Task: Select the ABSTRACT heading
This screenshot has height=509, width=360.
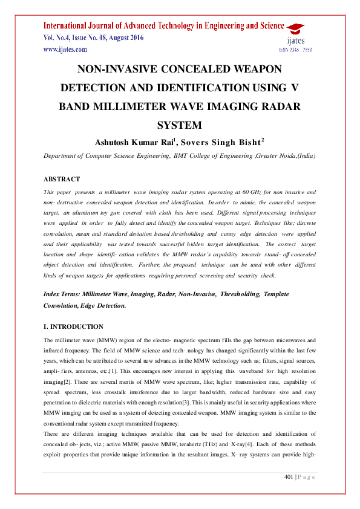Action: click(x=62, y=180)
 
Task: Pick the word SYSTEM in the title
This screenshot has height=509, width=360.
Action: click(x=179, y=125)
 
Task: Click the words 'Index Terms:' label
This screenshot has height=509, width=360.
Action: click(x=63, y=294)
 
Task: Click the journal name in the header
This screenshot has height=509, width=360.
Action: click(x=163, y=26)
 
